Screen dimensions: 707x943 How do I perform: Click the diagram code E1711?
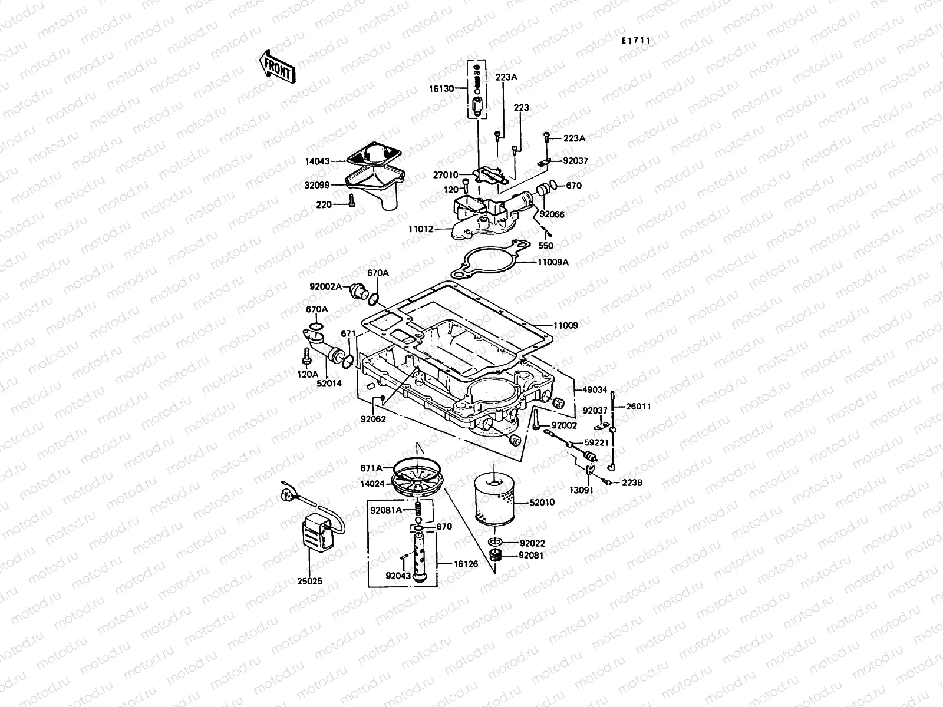click(636, 41)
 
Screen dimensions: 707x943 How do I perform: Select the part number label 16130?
click(441, 89)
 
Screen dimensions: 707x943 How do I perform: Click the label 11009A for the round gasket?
click(552, 263)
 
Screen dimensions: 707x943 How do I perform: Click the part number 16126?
click(466, 564)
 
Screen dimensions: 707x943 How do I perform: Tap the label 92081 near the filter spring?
click(531, 555)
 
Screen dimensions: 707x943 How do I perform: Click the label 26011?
click(638, 406)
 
